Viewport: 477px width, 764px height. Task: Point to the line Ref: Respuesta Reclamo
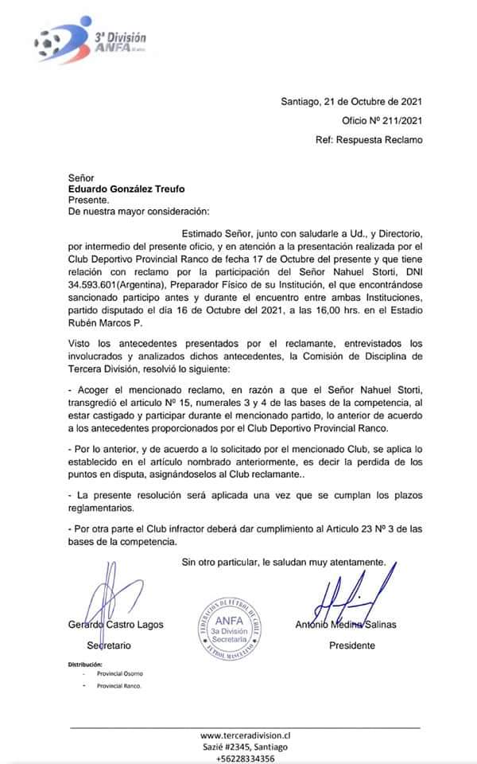369,140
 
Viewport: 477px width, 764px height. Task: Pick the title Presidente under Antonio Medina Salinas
352,645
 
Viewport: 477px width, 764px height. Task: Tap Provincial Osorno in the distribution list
120,674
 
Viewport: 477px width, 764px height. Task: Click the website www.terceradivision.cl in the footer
245,735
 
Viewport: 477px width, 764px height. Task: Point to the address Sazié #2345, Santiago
245,746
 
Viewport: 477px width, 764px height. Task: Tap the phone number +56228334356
245,758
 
